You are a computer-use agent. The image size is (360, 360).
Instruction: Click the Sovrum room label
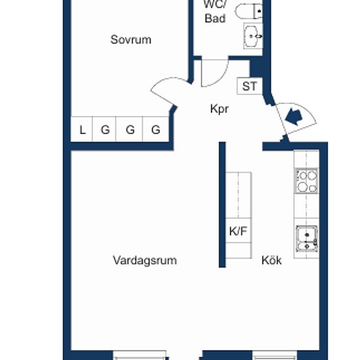131,40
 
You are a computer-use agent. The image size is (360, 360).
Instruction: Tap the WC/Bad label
215,12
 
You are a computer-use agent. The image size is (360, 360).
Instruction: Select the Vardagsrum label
145,261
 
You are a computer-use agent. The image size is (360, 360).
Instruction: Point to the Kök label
272,261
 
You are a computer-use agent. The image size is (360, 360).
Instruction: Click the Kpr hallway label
219,109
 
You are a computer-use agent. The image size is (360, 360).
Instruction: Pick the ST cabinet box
249,86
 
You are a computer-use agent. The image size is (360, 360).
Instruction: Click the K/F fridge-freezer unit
238,230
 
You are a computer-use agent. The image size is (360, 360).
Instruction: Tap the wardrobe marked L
82,129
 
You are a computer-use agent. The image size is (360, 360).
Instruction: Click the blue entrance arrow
294,117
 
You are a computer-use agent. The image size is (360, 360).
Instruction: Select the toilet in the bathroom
249,11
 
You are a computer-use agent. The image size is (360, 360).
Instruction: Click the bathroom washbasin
253,36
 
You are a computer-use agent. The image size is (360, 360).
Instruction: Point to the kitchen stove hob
306,181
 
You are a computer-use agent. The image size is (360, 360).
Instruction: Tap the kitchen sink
307,239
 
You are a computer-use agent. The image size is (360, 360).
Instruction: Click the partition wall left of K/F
222,205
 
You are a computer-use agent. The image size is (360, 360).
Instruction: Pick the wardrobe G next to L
105,129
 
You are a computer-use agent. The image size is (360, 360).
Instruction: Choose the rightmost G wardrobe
156,129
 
